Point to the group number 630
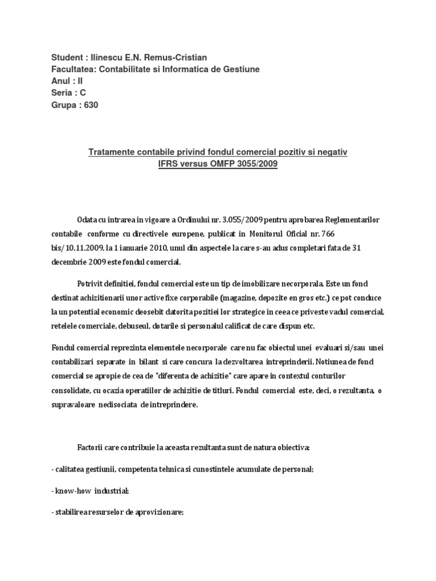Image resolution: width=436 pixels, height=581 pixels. tap(91, 105)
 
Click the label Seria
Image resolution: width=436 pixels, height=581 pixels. tap(62, 93)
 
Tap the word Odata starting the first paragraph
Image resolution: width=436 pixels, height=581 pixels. tap(89, 220)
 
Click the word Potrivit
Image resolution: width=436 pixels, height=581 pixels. tap(92, 283)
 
